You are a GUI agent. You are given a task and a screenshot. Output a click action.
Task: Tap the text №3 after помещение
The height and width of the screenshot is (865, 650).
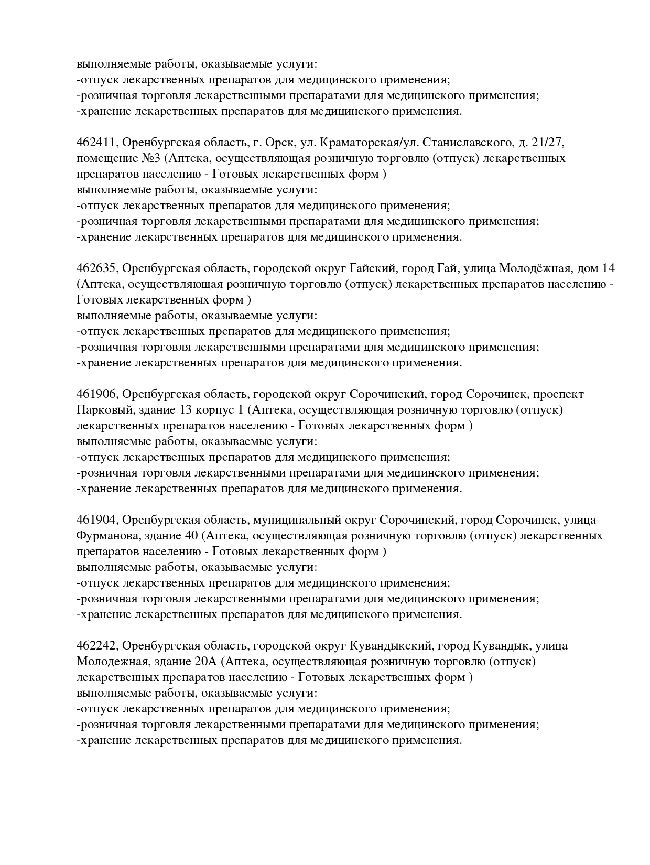(x=153, y=158)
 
